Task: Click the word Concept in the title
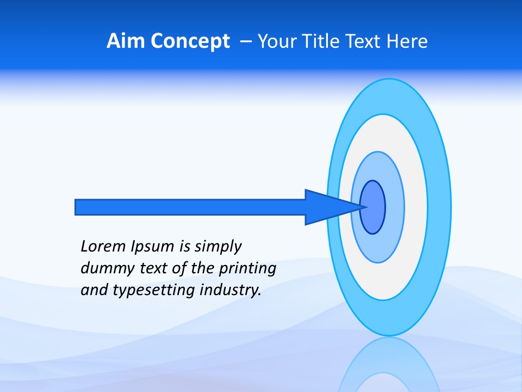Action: (x=190, y=41)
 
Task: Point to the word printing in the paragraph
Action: (x=247, y=269)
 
